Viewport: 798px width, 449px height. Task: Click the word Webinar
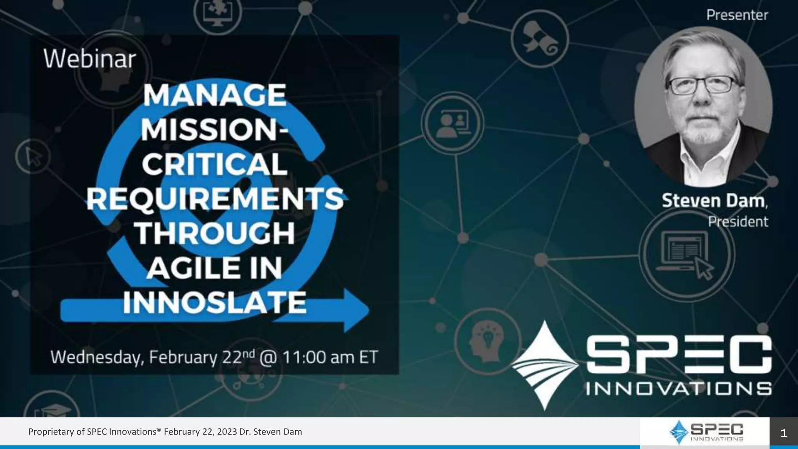pyautogui.click(x=90, y=59)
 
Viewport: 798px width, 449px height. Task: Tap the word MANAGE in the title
pyautogui.click(x=214, y=95)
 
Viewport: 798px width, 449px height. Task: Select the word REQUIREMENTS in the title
pyautogui.click(x=215, y=199)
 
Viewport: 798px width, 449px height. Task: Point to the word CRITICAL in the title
pyautogui.click(x=215, y=164)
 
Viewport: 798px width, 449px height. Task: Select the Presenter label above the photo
pyautogui.click(x=737, y=15)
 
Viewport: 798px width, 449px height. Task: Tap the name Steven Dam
pyautogui.click(x=713, y=201)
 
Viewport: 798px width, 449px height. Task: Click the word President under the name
pyautogui.click(x=738, y=222)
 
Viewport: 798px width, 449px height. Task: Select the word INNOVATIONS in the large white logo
pyautogui.click(x=678, y=389)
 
